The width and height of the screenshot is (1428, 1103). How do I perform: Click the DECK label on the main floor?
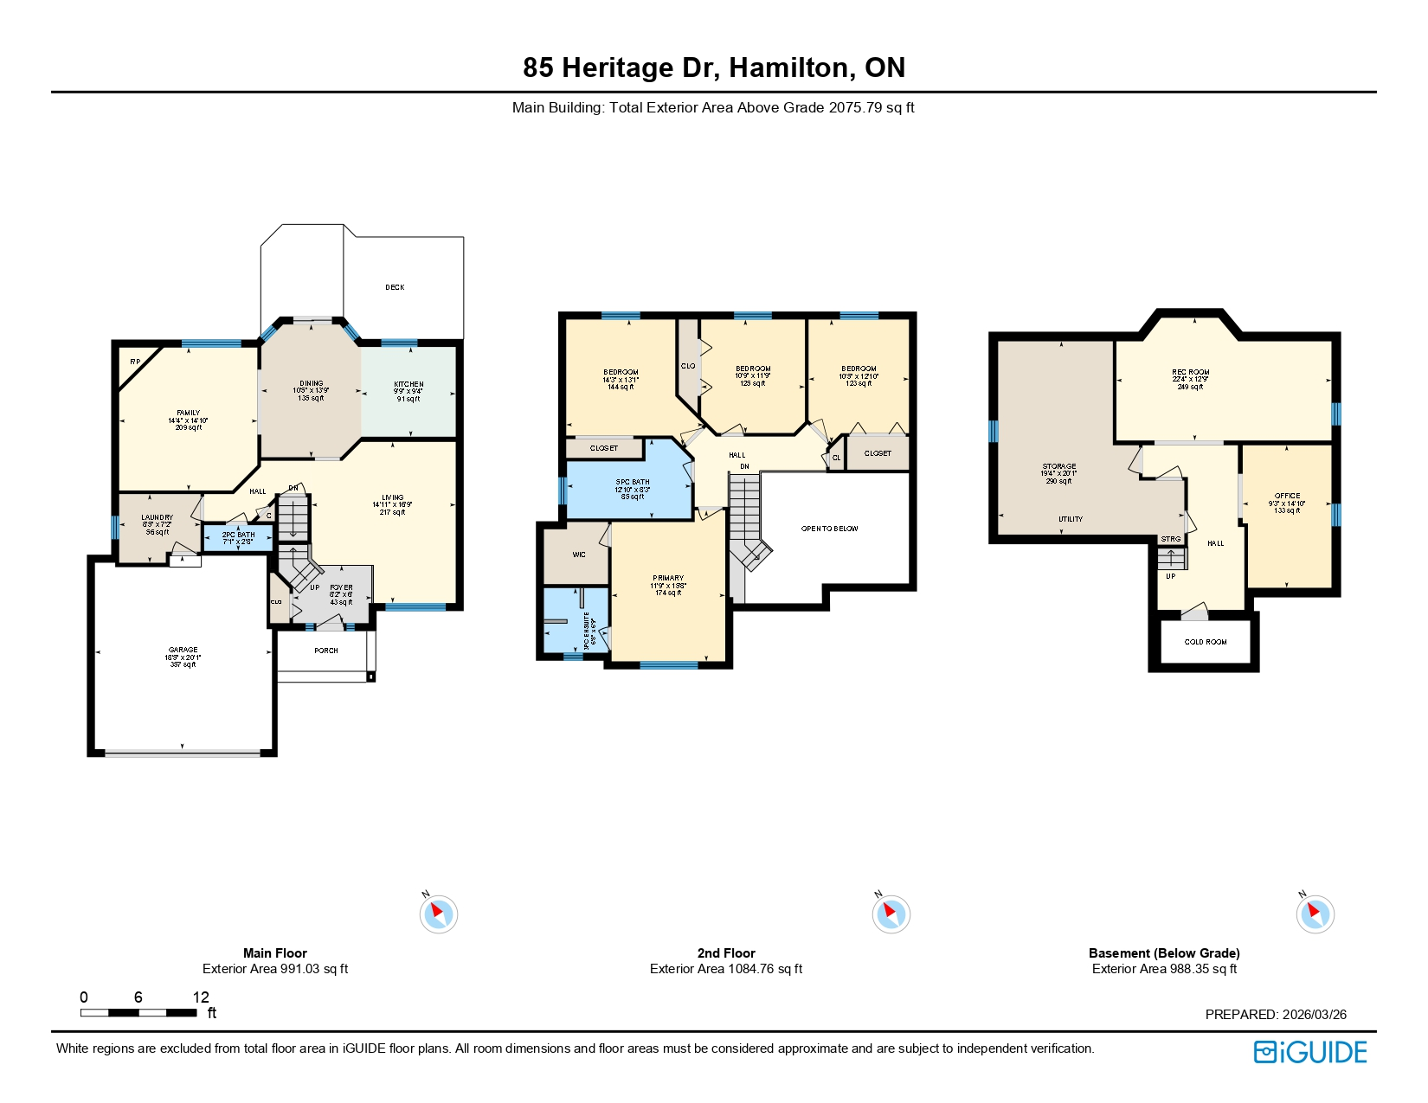pos(395,287)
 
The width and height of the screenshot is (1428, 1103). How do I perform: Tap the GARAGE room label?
pos(183,650)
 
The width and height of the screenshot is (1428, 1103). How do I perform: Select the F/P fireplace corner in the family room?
pos(135,362)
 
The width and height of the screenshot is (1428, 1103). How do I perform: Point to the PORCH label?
pos(326,651)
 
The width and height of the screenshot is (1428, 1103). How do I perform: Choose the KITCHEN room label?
pos(408,384)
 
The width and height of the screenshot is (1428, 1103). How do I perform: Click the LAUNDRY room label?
pos(157,517)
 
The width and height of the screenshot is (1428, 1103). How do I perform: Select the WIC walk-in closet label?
pos(579,555)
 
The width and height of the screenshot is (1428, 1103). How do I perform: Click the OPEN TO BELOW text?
pos(829,529)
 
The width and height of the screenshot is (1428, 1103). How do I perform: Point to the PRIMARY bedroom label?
pos(667,578)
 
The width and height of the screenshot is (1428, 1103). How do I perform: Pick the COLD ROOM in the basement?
pos(1205,642)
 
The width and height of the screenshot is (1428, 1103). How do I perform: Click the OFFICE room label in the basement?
pos(1287,497)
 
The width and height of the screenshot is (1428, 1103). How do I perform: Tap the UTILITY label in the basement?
pos(1071,519)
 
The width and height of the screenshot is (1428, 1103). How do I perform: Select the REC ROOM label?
pos(1190,372)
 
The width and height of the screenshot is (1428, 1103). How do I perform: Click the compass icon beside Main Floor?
pos(438,914)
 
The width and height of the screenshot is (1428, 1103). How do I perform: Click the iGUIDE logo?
pos(1309,1052)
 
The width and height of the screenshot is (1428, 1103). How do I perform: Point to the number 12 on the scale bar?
pos(201,997)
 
